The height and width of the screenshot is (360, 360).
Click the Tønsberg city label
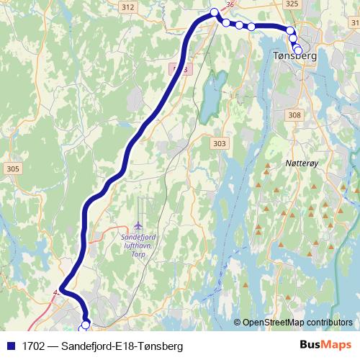(295, 55)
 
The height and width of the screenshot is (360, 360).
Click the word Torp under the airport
(140, 253)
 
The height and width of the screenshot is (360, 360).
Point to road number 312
(128, 6)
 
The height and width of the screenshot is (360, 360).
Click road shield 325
(292, 4)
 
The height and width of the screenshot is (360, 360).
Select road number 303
(219, 144)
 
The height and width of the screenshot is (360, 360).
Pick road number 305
(11, 168)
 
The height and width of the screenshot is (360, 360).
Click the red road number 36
(230, 4)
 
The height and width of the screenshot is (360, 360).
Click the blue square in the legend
(11, 346)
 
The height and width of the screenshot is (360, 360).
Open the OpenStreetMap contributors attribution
(297, 322)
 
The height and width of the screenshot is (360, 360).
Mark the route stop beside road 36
(214, 12)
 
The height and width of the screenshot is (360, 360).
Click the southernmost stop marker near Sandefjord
(86, 325)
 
